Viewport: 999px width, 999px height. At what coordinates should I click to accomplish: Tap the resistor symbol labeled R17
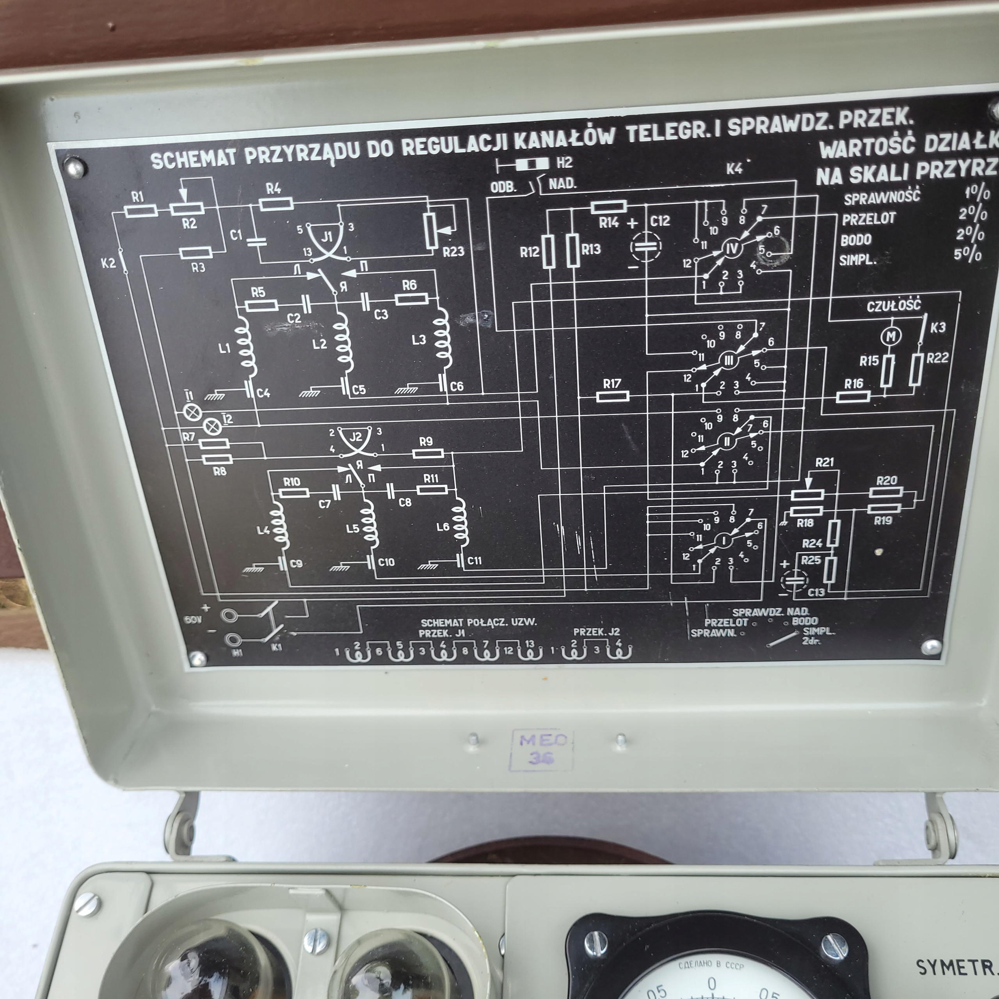pos(612,396)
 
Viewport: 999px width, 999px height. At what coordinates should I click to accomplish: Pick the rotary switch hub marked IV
pos(732,249)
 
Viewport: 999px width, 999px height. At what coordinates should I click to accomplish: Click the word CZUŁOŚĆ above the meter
pos(894,305)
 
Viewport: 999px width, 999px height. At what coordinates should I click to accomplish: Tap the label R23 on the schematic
pos(453,252)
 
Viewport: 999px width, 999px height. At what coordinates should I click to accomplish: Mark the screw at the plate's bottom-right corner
pos(931,646)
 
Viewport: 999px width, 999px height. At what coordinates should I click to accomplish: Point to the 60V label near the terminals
pos(192,619)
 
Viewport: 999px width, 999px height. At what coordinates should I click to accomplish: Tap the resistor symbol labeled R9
pos(428,453)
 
